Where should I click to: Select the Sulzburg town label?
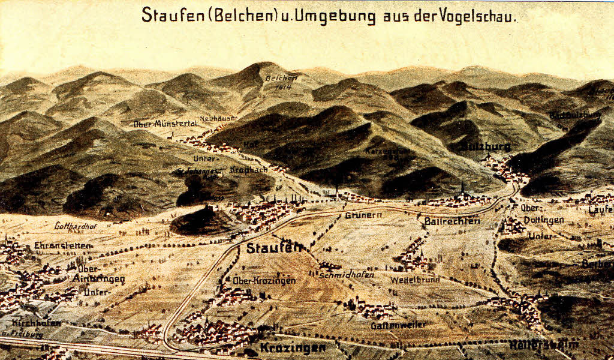click(486, 146)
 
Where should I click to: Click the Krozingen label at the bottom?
click(293, 347)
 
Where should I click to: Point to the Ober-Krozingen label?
click(264, 280)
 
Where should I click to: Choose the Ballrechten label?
click(452, 221)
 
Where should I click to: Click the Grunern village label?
click(360, 214)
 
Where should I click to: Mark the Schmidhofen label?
click(347, 275)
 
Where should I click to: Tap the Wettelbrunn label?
click(414, 280)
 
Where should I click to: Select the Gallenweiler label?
click(398, 325)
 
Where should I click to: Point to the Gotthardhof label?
click(76, 226)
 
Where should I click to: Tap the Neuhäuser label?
click(218, 118)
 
